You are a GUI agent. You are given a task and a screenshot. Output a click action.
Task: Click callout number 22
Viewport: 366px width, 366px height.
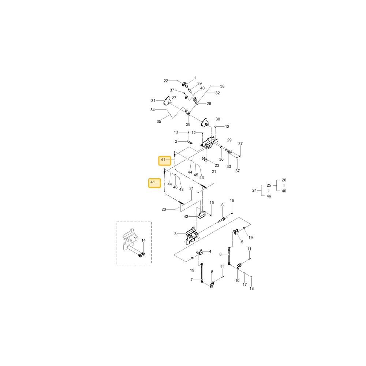166,81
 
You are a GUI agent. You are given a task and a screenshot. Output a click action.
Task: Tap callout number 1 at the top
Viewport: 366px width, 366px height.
195,78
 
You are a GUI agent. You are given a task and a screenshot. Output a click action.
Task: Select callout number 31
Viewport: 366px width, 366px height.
153,101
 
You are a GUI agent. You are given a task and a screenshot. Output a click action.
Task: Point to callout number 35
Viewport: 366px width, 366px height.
159,122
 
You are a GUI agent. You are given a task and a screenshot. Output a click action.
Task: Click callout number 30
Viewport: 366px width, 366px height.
218,119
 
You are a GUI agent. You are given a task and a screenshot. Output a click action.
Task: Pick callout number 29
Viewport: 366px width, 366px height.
229,140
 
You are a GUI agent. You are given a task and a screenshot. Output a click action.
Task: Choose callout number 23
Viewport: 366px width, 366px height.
217,165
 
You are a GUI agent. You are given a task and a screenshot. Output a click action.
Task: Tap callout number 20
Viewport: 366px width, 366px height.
164,209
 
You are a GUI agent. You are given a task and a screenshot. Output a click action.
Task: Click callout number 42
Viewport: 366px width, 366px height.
186,217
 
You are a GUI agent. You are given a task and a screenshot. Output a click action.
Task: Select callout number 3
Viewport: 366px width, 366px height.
175,234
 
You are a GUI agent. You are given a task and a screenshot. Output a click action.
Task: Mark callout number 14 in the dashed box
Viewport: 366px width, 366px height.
143,240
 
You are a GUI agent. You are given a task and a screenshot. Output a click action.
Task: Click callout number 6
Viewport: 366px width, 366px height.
222,205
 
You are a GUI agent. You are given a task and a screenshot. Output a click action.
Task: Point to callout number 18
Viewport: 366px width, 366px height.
251,288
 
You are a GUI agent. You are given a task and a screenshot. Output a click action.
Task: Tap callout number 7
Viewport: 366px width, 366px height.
191,280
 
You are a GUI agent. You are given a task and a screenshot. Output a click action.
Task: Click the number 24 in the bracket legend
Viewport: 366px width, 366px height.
254,190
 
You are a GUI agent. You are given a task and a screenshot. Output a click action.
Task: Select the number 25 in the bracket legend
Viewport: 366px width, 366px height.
269,185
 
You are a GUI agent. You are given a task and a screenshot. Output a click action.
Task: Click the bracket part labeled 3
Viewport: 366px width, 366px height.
192,236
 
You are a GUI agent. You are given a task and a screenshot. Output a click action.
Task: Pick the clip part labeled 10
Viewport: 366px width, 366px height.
239,266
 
